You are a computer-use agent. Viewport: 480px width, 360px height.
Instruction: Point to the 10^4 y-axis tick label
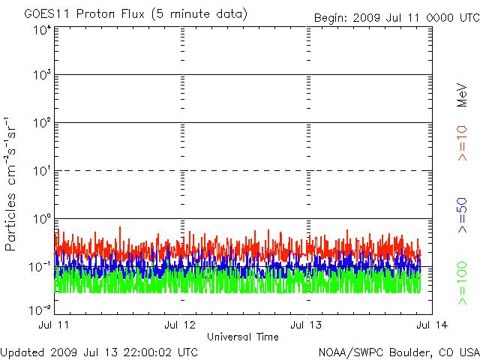[x=42, y=30]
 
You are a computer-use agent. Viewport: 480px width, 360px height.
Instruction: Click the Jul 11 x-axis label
[x=55, y=325]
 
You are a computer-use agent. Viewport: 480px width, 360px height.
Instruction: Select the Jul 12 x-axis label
[x=181, y=325]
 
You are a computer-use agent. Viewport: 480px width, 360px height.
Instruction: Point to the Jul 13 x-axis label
[x=307, y=325]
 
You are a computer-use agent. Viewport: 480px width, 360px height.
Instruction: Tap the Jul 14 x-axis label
[x=431, y=325]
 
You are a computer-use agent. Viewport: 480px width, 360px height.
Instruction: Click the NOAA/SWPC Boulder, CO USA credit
[x=398, y=352]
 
